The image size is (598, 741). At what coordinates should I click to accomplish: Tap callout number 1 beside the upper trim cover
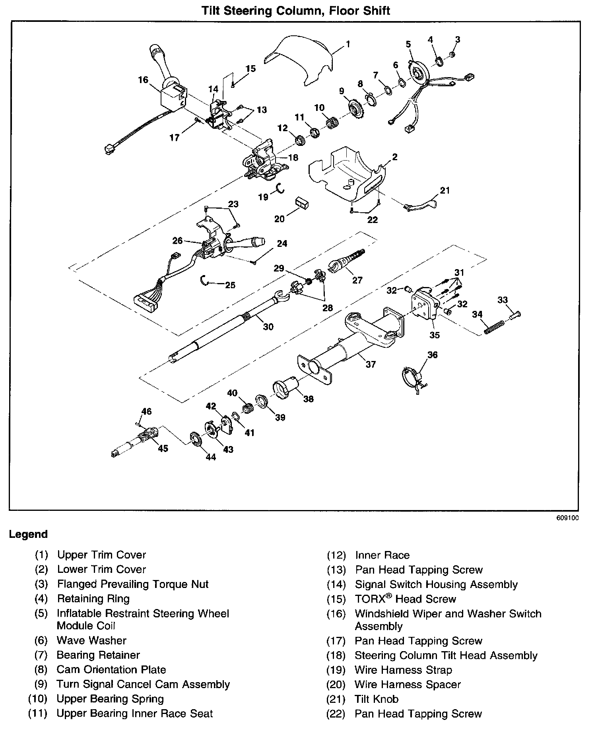[x=348, y=44]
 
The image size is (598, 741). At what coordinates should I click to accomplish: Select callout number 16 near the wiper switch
[x=143, y=80]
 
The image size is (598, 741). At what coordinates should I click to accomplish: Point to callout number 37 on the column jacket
[x=370, y=364]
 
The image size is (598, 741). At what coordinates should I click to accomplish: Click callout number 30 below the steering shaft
[x=268, y=326]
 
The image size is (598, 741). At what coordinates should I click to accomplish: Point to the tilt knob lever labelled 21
[x=421, y=205]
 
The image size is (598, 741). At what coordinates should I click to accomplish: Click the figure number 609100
[x=567, y=518]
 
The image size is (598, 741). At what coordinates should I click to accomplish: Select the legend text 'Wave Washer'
[x=91, y=640]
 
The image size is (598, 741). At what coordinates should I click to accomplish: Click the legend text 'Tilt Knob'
[x=376, y=699]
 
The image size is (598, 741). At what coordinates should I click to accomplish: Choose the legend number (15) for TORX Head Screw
[x=336, y=599]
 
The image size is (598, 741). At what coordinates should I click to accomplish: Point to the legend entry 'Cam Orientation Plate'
[x=111, y=669]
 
